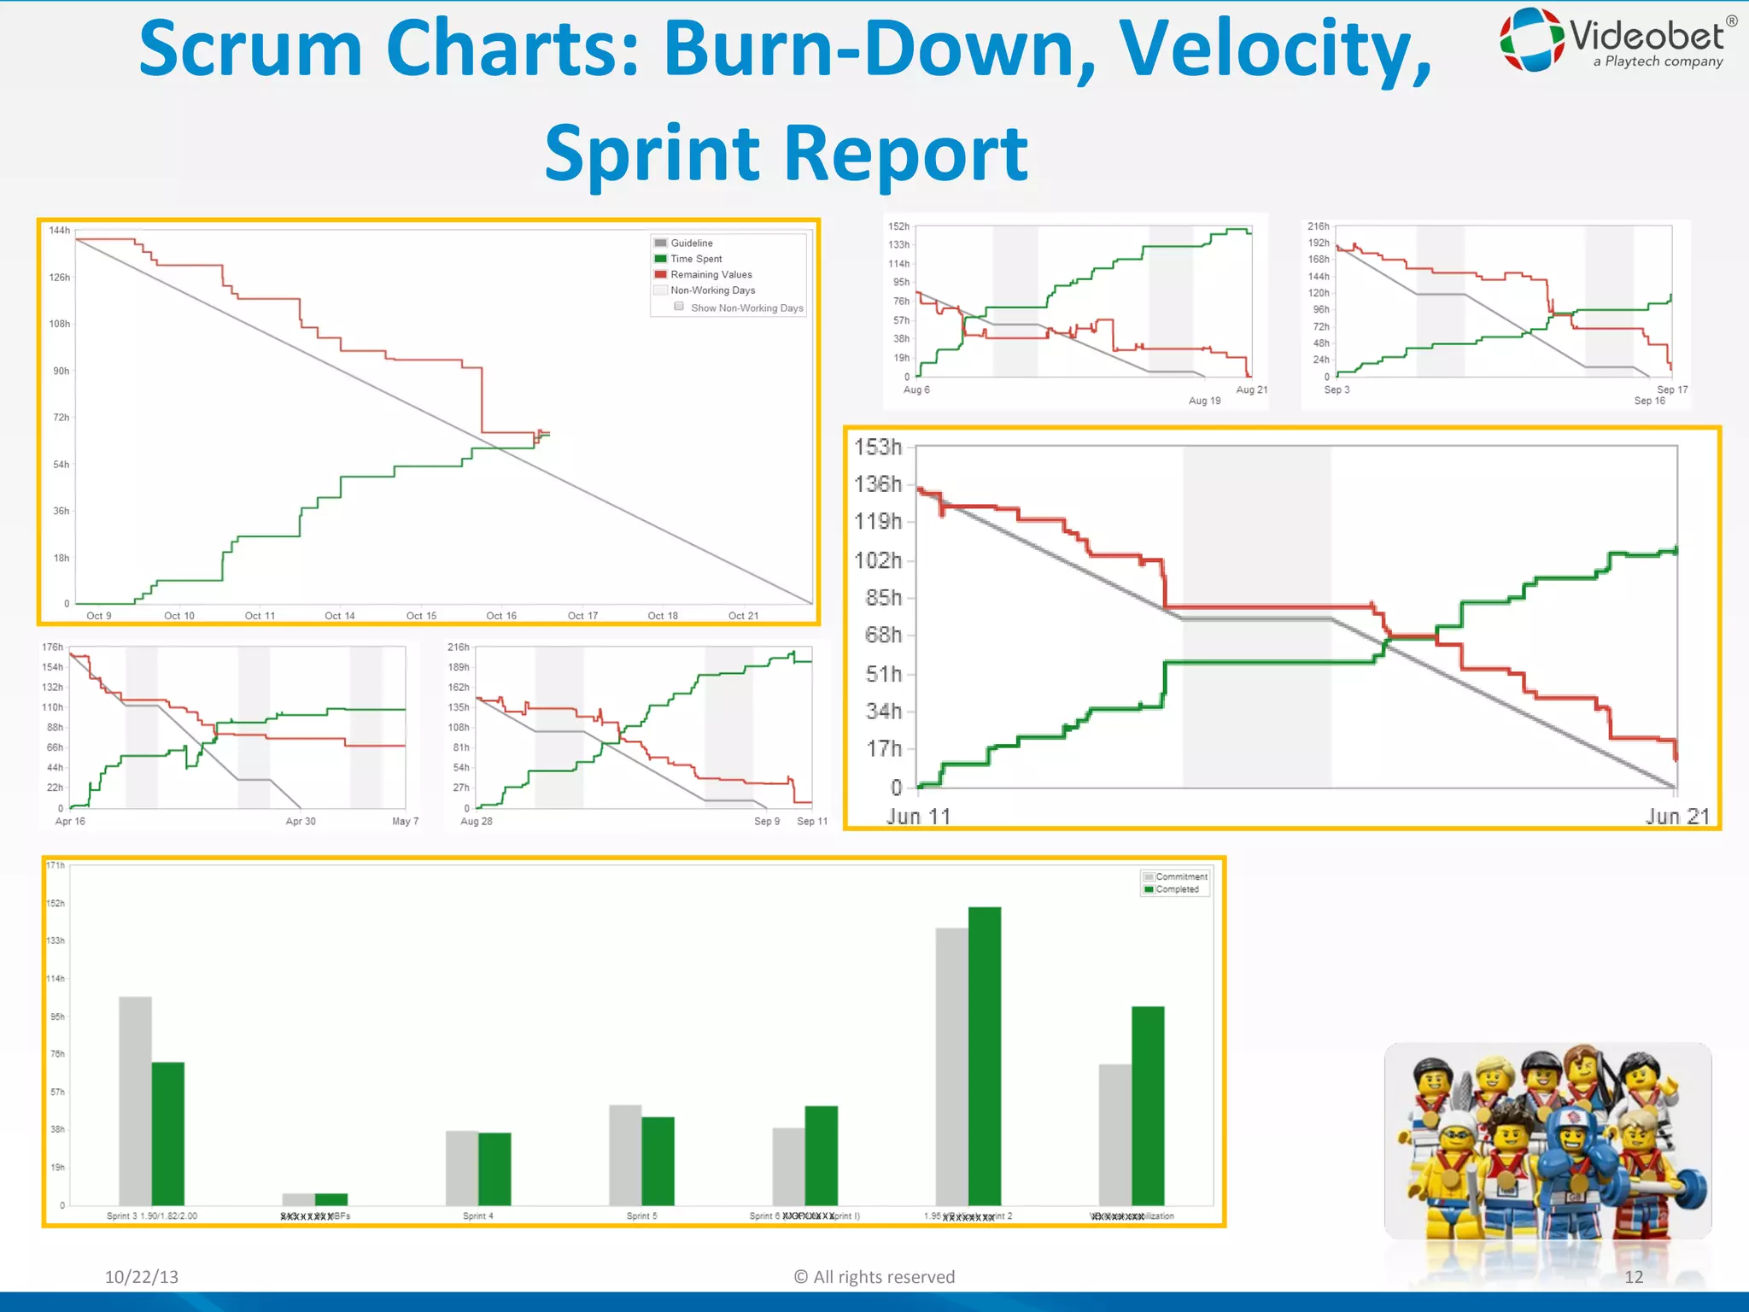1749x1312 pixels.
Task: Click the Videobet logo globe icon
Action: click(x=1533, y=39)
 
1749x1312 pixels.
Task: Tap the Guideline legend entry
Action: click(x=691, y=243)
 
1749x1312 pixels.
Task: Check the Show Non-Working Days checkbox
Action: click(x=679, y=307)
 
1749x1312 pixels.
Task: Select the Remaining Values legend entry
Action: click(x=711, y=275)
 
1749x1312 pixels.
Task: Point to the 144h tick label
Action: click(x=60, y=231)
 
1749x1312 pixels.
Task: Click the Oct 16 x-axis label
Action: click(x=501, y=616)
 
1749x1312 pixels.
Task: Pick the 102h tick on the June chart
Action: click(x=878, y=560)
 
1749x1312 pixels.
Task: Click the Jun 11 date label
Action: click(x=918, y=817)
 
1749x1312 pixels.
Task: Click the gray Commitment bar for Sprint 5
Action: click(x=625, y=1155)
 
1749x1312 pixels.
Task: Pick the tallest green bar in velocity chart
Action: click(x=985, y=1056)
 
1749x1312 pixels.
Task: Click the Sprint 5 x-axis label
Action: click(x=641, y=1215)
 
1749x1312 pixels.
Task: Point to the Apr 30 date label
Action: click(x=301, y=822)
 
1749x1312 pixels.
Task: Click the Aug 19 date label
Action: click(x=1204, y=401)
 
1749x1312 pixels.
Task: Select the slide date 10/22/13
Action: click(x=142, y=1277)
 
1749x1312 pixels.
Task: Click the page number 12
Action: click(x=1634, y=1277)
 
